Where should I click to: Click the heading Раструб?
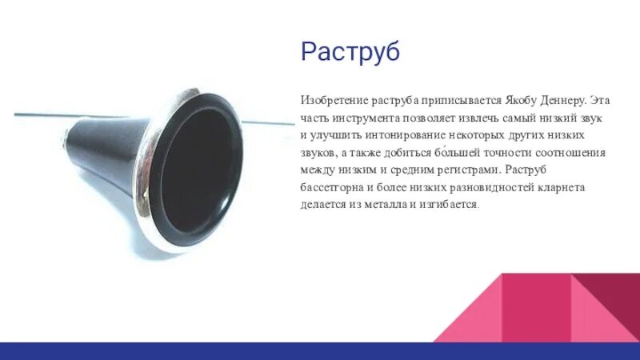pyautogui.click(x=350, y=52)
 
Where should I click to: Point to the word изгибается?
pyautogui.click(x=452, y=204)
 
